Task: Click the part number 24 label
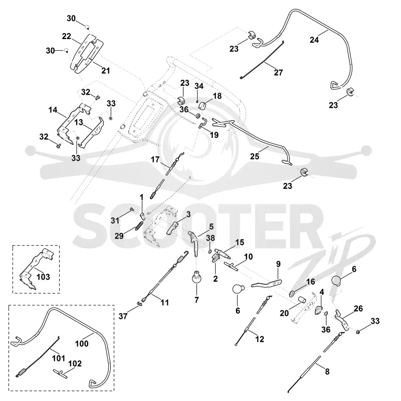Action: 314,40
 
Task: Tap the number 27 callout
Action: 278,72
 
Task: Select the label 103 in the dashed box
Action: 43,277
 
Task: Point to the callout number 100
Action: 82,343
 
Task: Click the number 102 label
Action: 75,363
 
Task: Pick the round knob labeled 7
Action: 196,278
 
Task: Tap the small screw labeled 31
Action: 132,210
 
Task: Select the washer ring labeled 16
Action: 292,294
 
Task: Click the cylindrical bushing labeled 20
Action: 302,299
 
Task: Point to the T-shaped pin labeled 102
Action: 61,372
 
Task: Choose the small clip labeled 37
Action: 139,303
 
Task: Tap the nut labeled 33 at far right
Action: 358,332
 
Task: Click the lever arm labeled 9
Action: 267,283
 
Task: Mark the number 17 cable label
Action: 155,159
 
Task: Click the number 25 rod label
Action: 255,156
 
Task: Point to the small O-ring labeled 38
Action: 210,252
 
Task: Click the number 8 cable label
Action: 327,371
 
